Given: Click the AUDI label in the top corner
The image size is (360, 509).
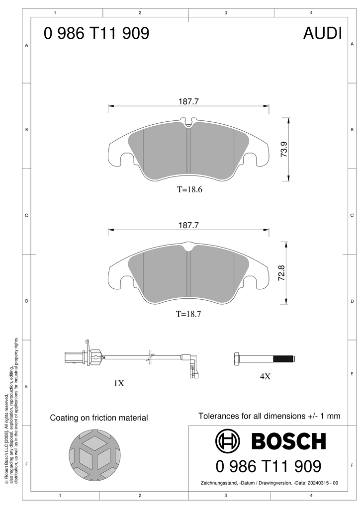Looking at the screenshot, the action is pos(322,33).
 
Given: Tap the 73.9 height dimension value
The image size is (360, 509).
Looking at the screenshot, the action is pos(284,149).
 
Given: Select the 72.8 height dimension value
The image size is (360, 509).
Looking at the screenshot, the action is pos(281,273).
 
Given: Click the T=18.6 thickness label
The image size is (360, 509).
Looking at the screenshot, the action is pos(189,189).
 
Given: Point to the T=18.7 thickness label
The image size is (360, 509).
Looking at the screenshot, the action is pos(188,314).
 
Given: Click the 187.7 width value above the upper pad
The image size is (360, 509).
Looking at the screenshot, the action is pos(188,101).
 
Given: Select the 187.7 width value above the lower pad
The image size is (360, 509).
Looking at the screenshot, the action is pos(188,225).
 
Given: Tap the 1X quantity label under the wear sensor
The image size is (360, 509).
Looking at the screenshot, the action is pos(119,383).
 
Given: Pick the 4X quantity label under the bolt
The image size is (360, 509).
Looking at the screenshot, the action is pos(265,376).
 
